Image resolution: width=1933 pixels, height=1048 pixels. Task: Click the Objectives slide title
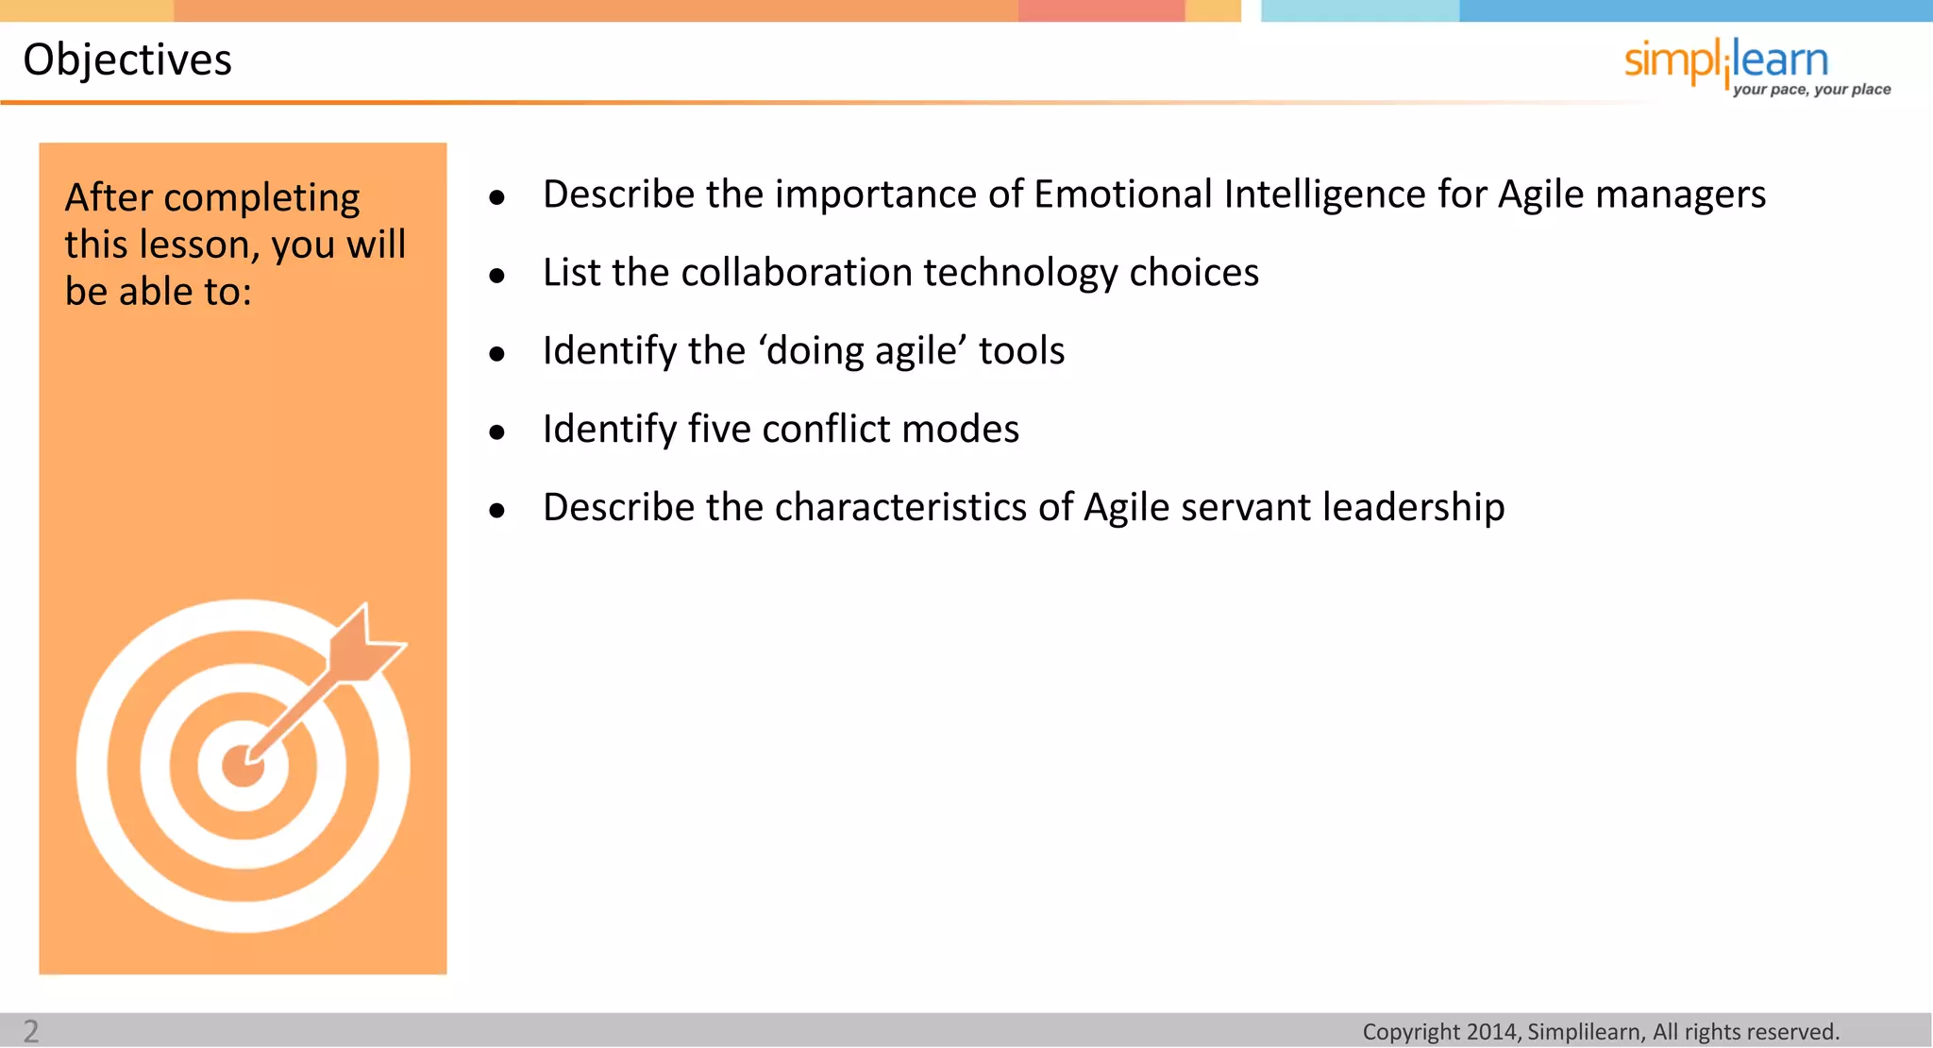point(127,59)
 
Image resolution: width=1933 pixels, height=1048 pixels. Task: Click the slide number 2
point(31,1031)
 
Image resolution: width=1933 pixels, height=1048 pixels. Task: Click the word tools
point(1021,351)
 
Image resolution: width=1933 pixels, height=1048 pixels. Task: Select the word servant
point(1244,508)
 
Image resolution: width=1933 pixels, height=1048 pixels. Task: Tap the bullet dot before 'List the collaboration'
point(497,276)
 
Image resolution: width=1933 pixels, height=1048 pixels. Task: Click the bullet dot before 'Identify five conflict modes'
point(497,432)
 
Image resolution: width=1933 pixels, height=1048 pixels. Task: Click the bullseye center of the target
point(243,766)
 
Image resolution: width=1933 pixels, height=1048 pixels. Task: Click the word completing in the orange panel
point(261,198)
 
